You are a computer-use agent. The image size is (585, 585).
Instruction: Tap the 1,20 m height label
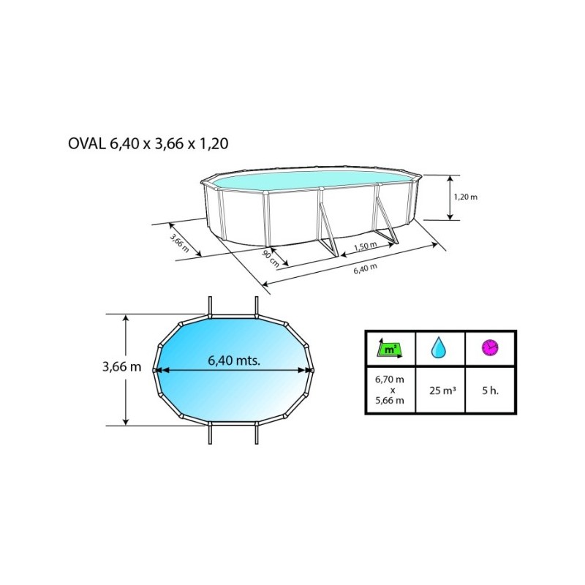point(466,197)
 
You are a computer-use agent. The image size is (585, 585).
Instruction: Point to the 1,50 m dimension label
point(365,246)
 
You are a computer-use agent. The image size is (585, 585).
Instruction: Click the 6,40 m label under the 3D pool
point(366,268)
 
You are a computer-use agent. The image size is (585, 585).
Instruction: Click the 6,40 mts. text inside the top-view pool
point(234,361)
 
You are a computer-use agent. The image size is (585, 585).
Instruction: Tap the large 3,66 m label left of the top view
point(122,367)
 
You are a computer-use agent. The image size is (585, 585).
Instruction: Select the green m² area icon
point(390,349)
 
